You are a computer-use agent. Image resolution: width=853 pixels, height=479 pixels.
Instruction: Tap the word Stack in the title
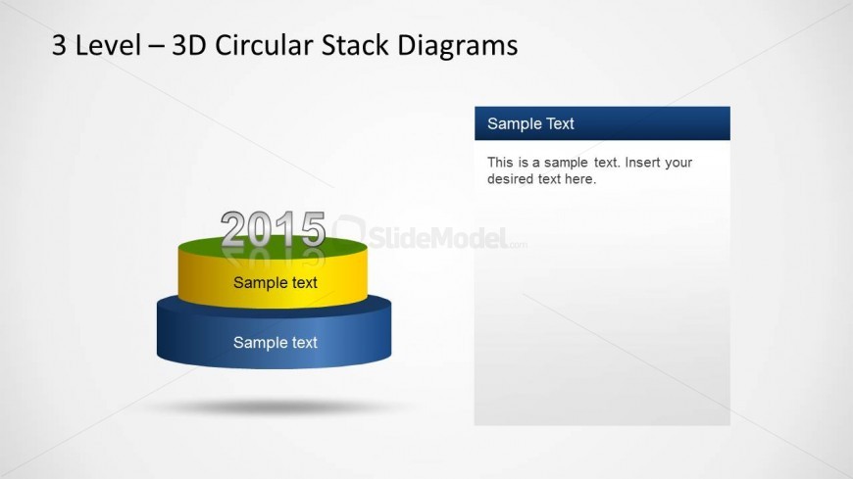[x=355, y=45]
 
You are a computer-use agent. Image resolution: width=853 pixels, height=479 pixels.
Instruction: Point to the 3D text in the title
[x=189, y=45]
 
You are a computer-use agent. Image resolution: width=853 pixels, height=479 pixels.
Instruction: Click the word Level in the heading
[x=108, y=45]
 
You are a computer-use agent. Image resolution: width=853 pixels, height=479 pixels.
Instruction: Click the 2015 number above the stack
[x=274, y=228]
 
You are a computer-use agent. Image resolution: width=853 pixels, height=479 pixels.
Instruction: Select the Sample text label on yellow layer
[x=276, y=283]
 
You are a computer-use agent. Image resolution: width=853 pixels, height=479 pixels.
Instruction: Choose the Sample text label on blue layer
[x=276, y=343]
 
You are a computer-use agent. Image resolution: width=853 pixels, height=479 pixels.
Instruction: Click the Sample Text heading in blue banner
[x=530, y=124]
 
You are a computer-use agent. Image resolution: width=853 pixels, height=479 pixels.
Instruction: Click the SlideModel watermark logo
[x=429, y=236]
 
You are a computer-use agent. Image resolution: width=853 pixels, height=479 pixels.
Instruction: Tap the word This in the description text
[x=500, y=163]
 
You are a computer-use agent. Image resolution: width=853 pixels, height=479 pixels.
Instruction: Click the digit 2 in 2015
[x=232, y=229]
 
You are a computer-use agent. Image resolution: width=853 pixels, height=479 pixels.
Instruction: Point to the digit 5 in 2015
[x=313, y=229]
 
